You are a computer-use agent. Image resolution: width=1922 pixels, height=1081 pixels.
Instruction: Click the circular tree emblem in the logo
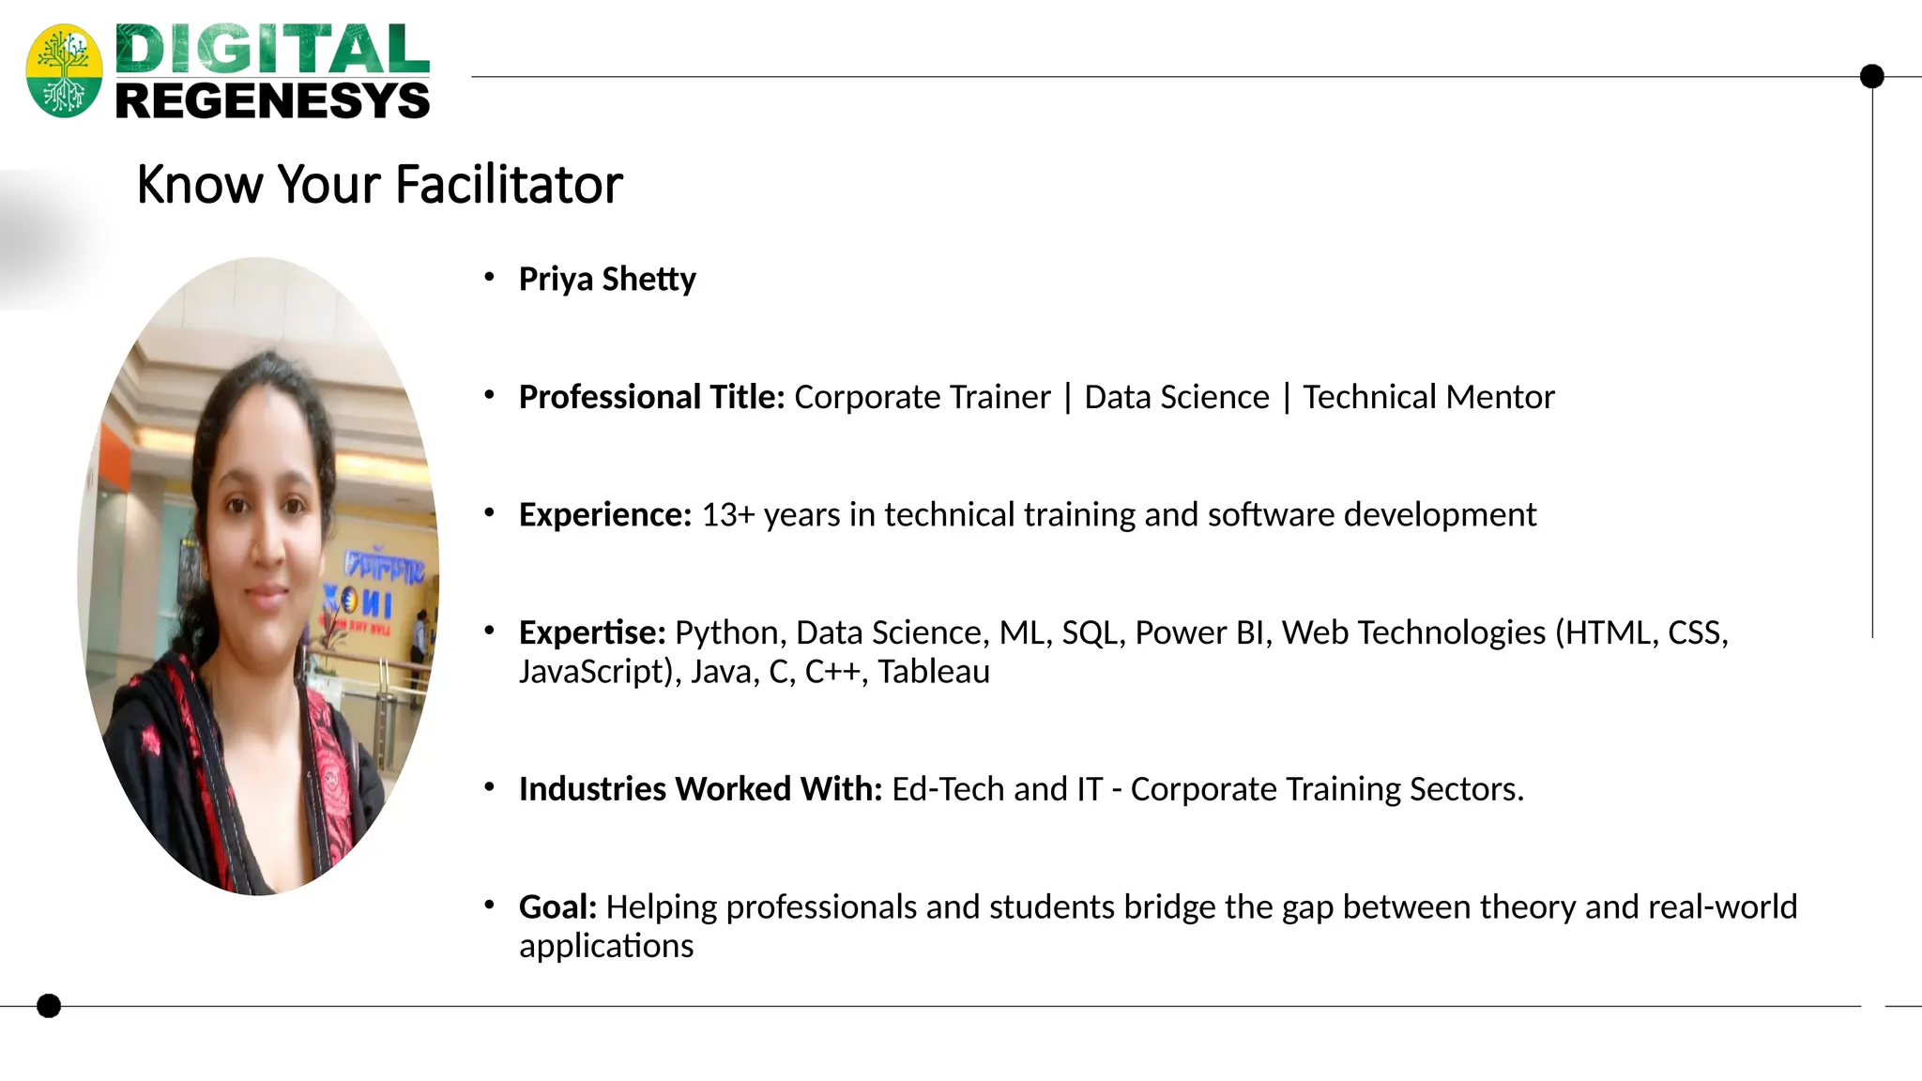tap(64, 71)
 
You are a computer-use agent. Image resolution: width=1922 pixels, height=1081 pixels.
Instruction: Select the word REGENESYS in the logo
tap(272, 100)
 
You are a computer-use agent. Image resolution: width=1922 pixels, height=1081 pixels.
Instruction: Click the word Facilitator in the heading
tap(509, 184)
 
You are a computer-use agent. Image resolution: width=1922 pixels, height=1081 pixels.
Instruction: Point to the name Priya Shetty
tap(607, 279)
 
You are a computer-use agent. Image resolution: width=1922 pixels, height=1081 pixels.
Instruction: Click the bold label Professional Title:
tap(651, 397)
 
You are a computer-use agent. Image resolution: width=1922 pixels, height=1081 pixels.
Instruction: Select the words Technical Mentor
tap(1427, 397)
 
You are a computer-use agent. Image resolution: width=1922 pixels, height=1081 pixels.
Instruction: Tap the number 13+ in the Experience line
tap(727, 514)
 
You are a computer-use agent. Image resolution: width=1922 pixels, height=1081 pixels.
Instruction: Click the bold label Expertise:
tap(592, 632)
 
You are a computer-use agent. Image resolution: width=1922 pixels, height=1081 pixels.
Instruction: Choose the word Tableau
tap(934, 672)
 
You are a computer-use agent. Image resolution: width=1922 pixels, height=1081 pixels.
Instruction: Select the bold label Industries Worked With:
tap(700, 789)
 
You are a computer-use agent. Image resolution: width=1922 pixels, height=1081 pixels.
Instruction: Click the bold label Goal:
tap(557, 906)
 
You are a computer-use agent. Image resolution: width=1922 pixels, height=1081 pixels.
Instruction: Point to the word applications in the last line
tap(606, 946)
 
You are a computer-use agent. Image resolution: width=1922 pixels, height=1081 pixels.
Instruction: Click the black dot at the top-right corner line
tap(1871, 76)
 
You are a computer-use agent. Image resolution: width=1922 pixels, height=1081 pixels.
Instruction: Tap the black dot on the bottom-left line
tap(49, 1006)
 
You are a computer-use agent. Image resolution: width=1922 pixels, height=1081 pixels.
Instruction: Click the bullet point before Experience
tap(489, 512)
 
